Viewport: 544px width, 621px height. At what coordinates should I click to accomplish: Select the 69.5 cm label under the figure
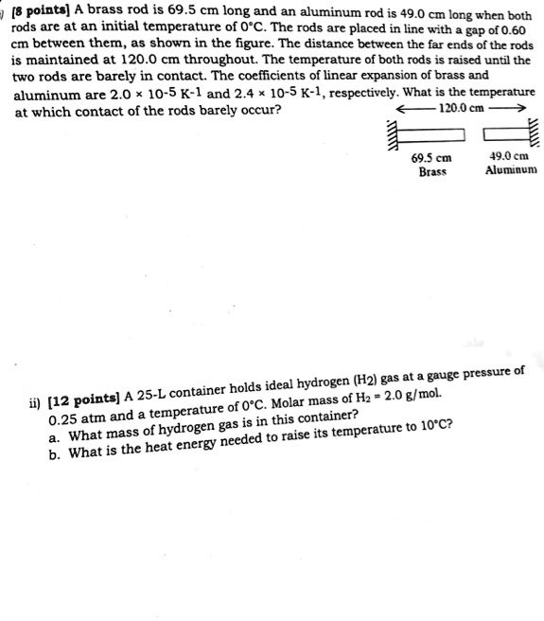[x=431, y=157]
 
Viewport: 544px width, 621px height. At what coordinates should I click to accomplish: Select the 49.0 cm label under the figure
[x=509, y=156]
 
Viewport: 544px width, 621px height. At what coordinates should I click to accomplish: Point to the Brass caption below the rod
[x=431, y=171]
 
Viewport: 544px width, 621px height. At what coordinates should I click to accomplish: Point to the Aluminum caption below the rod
[x=511, y=170]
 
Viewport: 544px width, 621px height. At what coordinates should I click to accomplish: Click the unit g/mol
[x=425, y=394]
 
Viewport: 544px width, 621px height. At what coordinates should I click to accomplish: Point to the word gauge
[x=440, y=376]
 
